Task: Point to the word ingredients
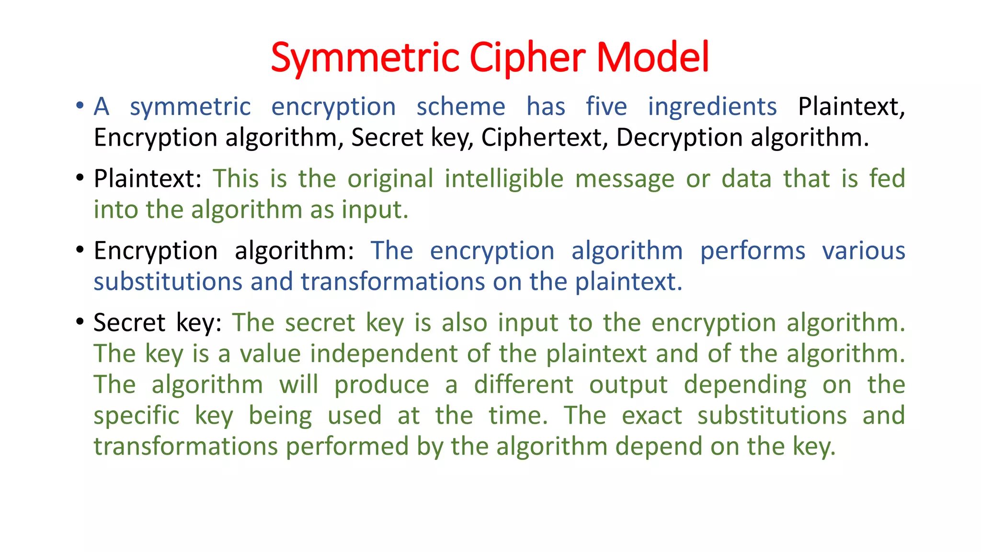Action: tap(712, 106)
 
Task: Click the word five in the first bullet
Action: tap(606, 106)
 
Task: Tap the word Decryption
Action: tap(680, 138)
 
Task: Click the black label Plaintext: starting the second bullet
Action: tap(148, 179)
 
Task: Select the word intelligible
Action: tap(504, 179)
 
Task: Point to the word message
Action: tap(625, 179)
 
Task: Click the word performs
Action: tap(753, 251)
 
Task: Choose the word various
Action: tap(864, 251)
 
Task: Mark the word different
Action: tap(524, 385)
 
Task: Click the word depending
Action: tap(745, 385)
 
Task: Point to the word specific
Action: tap(137, 415)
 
